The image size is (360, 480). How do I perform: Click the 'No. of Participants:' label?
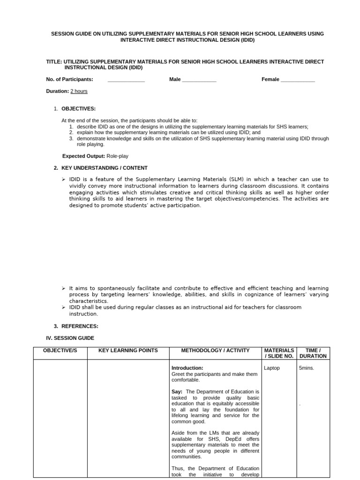(x=69, y=79)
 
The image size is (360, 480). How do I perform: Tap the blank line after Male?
(x=199, y=80)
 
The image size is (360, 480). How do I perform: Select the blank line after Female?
(x=298, y=80)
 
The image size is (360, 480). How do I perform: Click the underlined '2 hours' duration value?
(x=79, y=91)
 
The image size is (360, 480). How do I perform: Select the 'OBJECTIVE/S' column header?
(x=60, y=350)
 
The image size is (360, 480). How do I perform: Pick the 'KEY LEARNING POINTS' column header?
(x=128, y=350)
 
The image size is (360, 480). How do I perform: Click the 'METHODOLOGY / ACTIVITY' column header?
(x=216, y=350)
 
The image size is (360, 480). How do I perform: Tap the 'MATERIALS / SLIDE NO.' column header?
(x=279, y=353)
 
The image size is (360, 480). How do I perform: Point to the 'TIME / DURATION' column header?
(x=313, y=353)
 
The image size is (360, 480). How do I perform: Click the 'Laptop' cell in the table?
(x=272, y=368)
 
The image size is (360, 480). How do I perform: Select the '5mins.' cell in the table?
(x=307, y=368)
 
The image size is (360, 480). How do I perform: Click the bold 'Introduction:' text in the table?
(x=187, y=368)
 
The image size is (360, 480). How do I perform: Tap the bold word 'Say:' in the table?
(x=177, y=391)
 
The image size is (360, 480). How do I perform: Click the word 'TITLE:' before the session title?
(x=54, y=61)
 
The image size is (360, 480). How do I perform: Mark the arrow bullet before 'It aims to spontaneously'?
(x=64, y=288)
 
